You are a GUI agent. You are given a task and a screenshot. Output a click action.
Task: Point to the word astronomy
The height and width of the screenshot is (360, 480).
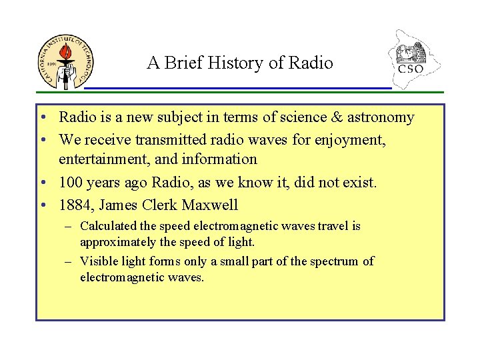pyautogui.click(x=379, y=118)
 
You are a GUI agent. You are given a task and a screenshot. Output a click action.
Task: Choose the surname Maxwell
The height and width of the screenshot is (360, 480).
pyautogui.click(x=210, y=205)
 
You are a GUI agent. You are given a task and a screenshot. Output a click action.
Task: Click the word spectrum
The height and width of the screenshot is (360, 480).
pyautogui.click(x=335, y=261)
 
